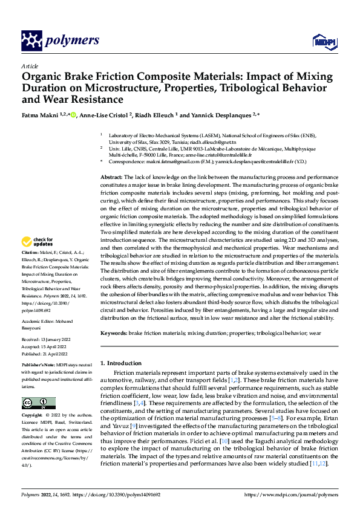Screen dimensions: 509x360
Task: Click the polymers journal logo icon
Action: pyautogui.click(x=31, y=41)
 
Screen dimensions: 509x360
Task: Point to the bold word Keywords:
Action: pyautogui.click(x=114, y=333)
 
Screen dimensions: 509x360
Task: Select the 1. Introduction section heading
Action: pyautogui.click(x=121, y=363)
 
